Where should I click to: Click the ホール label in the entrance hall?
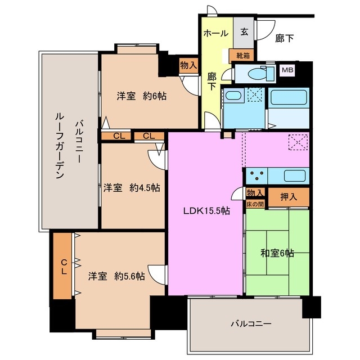(x=216, y=33)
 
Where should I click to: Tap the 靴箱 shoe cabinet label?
(x=243, y=55)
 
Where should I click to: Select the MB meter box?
(x=287, y=70)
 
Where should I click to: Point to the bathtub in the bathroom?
(x=289, y=98)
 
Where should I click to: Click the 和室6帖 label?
(x=276, y=253)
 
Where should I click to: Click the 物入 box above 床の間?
(x=255, y=193)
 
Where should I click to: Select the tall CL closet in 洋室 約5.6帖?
(x=64, y=265)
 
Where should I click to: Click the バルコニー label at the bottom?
(x=251, y=324)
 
